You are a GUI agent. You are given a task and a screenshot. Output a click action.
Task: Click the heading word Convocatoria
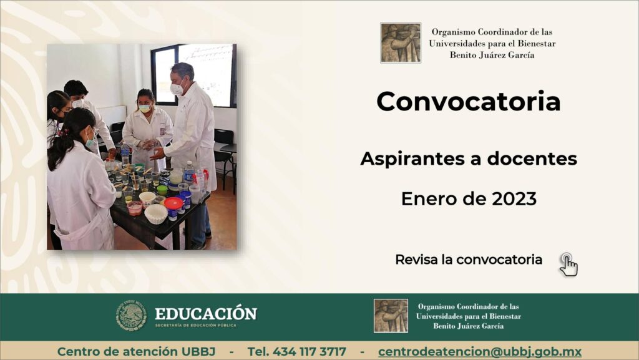point(468,102)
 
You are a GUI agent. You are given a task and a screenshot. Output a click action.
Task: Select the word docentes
point(532,158)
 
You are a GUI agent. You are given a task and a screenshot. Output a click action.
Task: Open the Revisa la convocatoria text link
point(469,260)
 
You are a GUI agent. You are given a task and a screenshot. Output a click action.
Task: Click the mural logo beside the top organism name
point(400,43)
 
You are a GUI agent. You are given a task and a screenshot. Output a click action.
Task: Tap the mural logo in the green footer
point(391,316)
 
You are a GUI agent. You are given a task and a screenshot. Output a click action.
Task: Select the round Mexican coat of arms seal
point(131,315)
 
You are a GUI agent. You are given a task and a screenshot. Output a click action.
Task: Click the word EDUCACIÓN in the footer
point(206,314)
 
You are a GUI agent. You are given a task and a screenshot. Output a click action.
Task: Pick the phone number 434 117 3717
point(310,351)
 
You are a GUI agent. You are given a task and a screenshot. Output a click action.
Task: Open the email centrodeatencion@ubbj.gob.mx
point(480,351)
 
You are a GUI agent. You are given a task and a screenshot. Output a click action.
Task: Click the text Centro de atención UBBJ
point(136,351)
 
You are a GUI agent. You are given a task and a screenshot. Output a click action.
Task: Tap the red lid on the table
point(173,203)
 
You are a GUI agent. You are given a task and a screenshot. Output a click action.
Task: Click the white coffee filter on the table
point(156,213)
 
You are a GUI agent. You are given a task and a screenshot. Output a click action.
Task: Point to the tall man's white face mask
point(177,89)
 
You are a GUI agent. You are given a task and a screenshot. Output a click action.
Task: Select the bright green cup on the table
point(162,190)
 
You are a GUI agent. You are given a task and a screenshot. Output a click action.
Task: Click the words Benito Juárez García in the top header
point(492,55)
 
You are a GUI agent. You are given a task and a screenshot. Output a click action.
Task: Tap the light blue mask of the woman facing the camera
point(145,109)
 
